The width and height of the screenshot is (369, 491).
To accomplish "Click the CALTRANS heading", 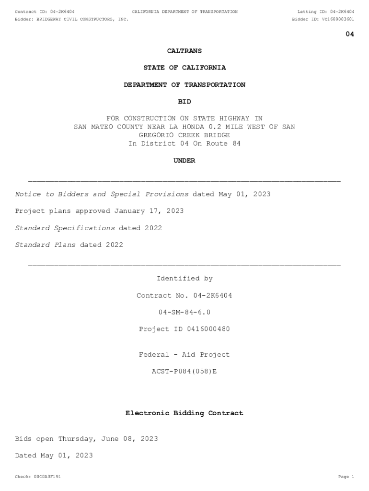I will click(x=184, y=51).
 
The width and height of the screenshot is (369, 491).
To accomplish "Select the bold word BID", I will click(x=184, y=102).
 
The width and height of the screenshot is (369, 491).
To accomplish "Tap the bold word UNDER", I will click(x=184, y=161).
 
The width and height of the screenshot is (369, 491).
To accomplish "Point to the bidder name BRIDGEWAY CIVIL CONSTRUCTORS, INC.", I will click(x=82, y=19).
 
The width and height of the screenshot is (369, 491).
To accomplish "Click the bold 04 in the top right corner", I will click(x=350, y=34).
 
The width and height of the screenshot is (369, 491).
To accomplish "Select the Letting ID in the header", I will click(x=326, y=12).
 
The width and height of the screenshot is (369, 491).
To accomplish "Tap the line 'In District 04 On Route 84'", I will click(x=184, y=144).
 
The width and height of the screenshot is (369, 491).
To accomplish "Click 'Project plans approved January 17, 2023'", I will click(x=99, y=211).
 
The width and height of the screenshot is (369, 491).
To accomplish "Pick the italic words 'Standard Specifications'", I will click(x=65, y=228).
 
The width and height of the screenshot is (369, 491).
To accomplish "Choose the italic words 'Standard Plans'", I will click(x=46, y=245).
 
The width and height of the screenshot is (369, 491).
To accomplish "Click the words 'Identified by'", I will click(x=184, y=279).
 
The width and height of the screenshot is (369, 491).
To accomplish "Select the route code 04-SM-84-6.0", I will click(x=184, y=313).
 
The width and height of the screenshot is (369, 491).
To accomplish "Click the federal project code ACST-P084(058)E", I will click(x=184, y=372).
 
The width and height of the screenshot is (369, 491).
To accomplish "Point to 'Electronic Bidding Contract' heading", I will click(x=184, y=413).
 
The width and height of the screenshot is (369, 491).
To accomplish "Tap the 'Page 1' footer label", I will click(x=346, y=477).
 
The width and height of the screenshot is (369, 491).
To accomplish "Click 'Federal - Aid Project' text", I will click(x=184, y=355).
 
